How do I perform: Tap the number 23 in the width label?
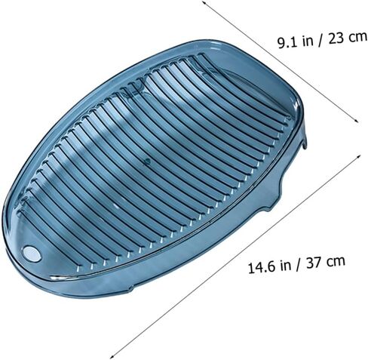click(336, 38)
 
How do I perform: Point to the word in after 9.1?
click(308, 41)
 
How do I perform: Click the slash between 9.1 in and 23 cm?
click(320, 41)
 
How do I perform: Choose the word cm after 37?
click(336, 262)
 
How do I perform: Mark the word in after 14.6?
click(286, 265)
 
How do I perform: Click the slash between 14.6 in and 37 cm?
click(299, 265)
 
